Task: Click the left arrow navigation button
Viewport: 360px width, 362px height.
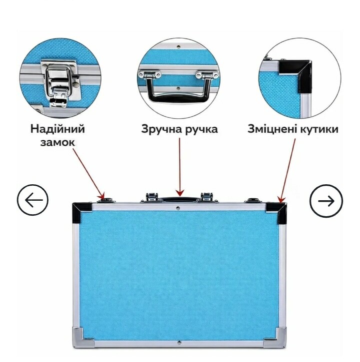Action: click(32, 200)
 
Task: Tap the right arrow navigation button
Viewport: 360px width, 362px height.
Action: click(326, 201)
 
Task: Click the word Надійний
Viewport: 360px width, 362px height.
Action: click(58, 129)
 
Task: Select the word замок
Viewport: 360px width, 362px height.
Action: click(58, 142)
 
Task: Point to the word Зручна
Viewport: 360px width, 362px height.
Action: click(159, 129)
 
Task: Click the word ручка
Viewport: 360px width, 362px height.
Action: click(199, 129)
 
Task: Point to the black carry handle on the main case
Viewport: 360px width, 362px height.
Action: click(179, 199)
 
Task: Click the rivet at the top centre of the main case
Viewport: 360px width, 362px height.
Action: click(178, 208)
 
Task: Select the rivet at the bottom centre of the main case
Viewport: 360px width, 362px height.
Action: click(179, 343)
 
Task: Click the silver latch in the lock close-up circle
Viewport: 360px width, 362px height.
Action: click(58, 83)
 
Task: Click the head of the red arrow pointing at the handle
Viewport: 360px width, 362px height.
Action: click(179, 193)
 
